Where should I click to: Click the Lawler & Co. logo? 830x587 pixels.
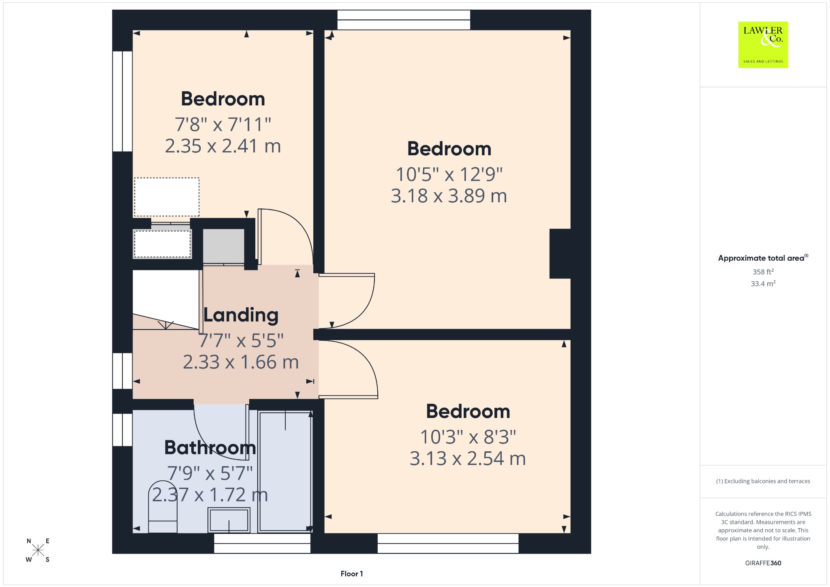click(763, 45)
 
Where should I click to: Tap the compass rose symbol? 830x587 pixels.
click(38, 550)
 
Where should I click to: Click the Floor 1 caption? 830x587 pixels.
click(352, 574)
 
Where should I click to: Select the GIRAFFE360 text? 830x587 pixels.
click(763, 563)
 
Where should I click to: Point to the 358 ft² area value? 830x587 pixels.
click(763, 272)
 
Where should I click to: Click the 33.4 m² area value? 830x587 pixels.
click(763, 283)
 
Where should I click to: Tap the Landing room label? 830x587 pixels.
click(241, 315)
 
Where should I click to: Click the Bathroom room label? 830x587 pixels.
click(210, 448)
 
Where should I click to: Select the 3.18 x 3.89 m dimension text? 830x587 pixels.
click(449, 196)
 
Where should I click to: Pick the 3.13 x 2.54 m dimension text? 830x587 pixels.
click(468, 458)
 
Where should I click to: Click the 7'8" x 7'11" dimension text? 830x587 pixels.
click(223, 124)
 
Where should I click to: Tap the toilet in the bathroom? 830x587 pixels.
click(163, 507)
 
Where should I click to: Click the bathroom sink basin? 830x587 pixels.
click(229, 520)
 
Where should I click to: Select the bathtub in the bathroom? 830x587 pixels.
click(285, 471)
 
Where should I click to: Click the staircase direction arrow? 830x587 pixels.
click(166, 325)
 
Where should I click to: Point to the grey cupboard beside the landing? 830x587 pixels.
click(224, 246)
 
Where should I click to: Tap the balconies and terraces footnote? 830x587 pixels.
click(763, 481)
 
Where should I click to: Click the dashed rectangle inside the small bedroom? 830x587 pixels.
click(167, 197)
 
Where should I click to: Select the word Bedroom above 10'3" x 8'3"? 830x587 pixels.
click(468, 411)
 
